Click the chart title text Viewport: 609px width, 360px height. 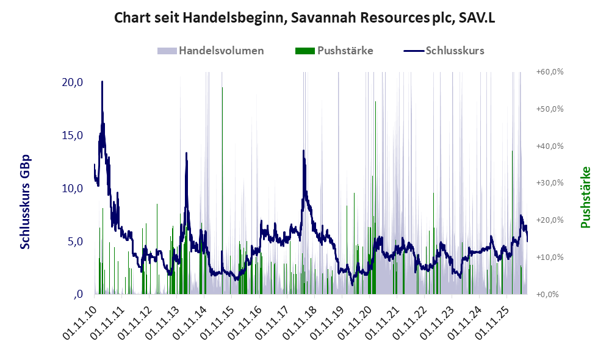pyautogui.click(x=304, y=18)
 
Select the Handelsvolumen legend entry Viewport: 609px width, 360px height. pyautogui.click(x=211, y=51)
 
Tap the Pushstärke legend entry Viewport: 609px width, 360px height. pyautogui.click(x=334, y=51)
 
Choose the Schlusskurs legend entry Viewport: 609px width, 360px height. pyautogui.click(x=444, y=51)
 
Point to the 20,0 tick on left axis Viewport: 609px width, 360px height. pyautogui.click(x=73, y=82)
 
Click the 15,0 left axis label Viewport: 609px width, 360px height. pyautogui.click(x=73, y=135)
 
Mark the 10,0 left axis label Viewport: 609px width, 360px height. pyautogui.click(x=73, y=189)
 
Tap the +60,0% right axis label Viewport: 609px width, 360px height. pyautogui.click(x=550, y=72)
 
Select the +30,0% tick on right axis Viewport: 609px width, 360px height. pyautogui.click(x=550, y=183)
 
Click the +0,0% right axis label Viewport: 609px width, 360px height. pyautogui.click(x=547, y=294)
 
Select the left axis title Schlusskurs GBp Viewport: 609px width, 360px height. pyautogui.click(x=25, y=202)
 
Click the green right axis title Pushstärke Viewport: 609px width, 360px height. pyautogui.click(x=586, y=197)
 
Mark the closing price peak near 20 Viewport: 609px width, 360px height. pyautogui.click(x=102, y=82)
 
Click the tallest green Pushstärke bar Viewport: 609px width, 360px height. pyautogui.click(x=222, y=191)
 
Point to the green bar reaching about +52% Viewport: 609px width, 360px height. pyautogui.click(x=375, y=198)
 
